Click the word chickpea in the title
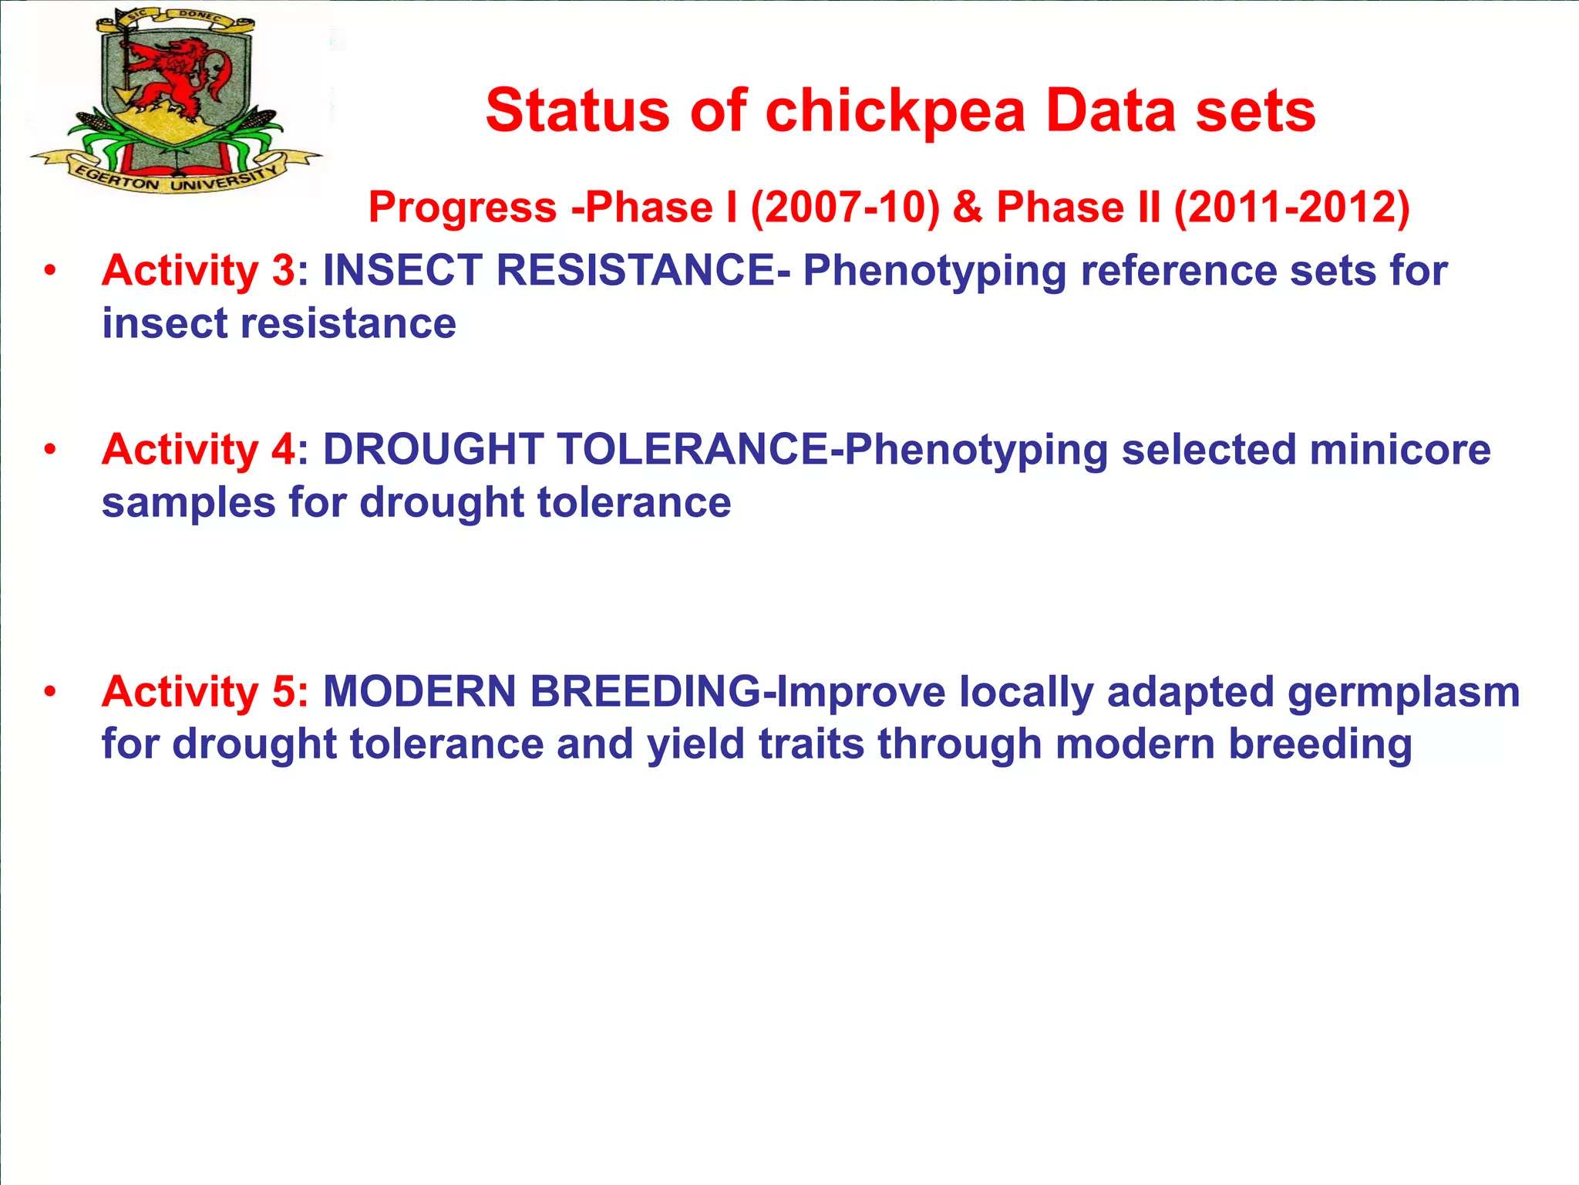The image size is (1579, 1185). click(895, 111)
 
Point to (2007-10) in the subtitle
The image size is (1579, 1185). click(845, 208)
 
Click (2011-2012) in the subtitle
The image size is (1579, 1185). click(1291, 208)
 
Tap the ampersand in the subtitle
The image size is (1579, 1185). click(968, 208)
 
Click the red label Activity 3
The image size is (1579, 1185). click(198, 271)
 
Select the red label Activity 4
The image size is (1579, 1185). click(198, 450)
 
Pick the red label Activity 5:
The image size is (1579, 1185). click(205, 691)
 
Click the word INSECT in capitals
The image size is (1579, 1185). click(402, 271)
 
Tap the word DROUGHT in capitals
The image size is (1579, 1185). click(432, 450)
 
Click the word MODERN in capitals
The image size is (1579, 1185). click(419, 691)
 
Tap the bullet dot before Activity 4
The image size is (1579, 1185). click(50, 449)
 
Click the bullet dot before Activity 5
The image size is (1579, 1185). click(50, 691)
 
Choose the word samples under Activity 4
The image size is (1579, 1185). click(188, 504)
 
